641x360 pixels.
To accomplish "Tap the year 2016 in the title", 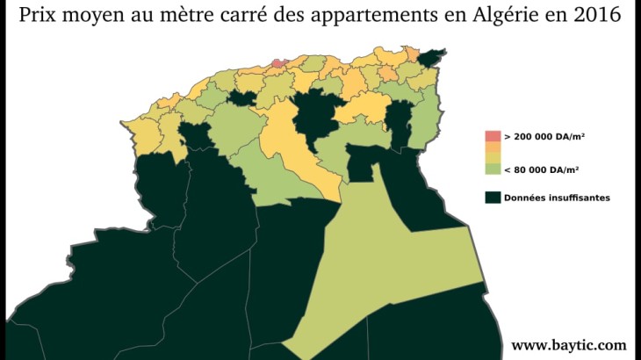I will pos(604,16).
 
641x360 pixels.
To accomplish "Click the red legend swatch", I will pos(493,136).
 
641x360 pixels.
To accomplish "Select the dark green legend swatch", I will pos(493,198).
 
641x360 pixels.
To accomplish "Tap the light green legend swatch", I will pos(493,169).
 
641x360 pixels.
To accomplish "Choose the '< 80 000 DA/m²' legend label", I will pos(544,169).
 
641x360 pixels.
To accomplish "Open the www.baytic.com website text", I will pos(569,345).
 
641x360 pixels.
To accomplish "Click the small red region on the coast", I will pos(277,62).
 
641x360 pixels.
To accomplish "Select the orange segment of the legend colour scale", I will pos(493,147).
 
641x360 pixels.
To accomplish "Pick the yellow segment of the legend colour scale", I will pos(493,158).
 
